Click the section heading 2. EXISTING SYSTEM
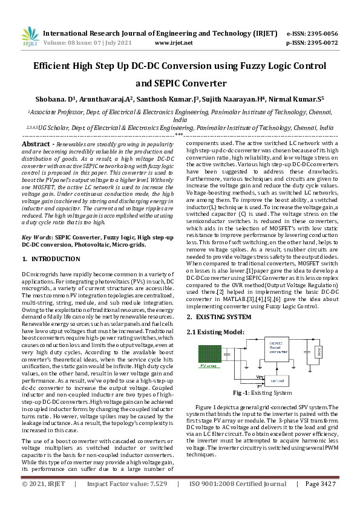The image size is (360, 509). click(218, 317)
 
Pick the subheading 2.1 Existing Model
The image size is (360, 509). click(215, 332)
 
